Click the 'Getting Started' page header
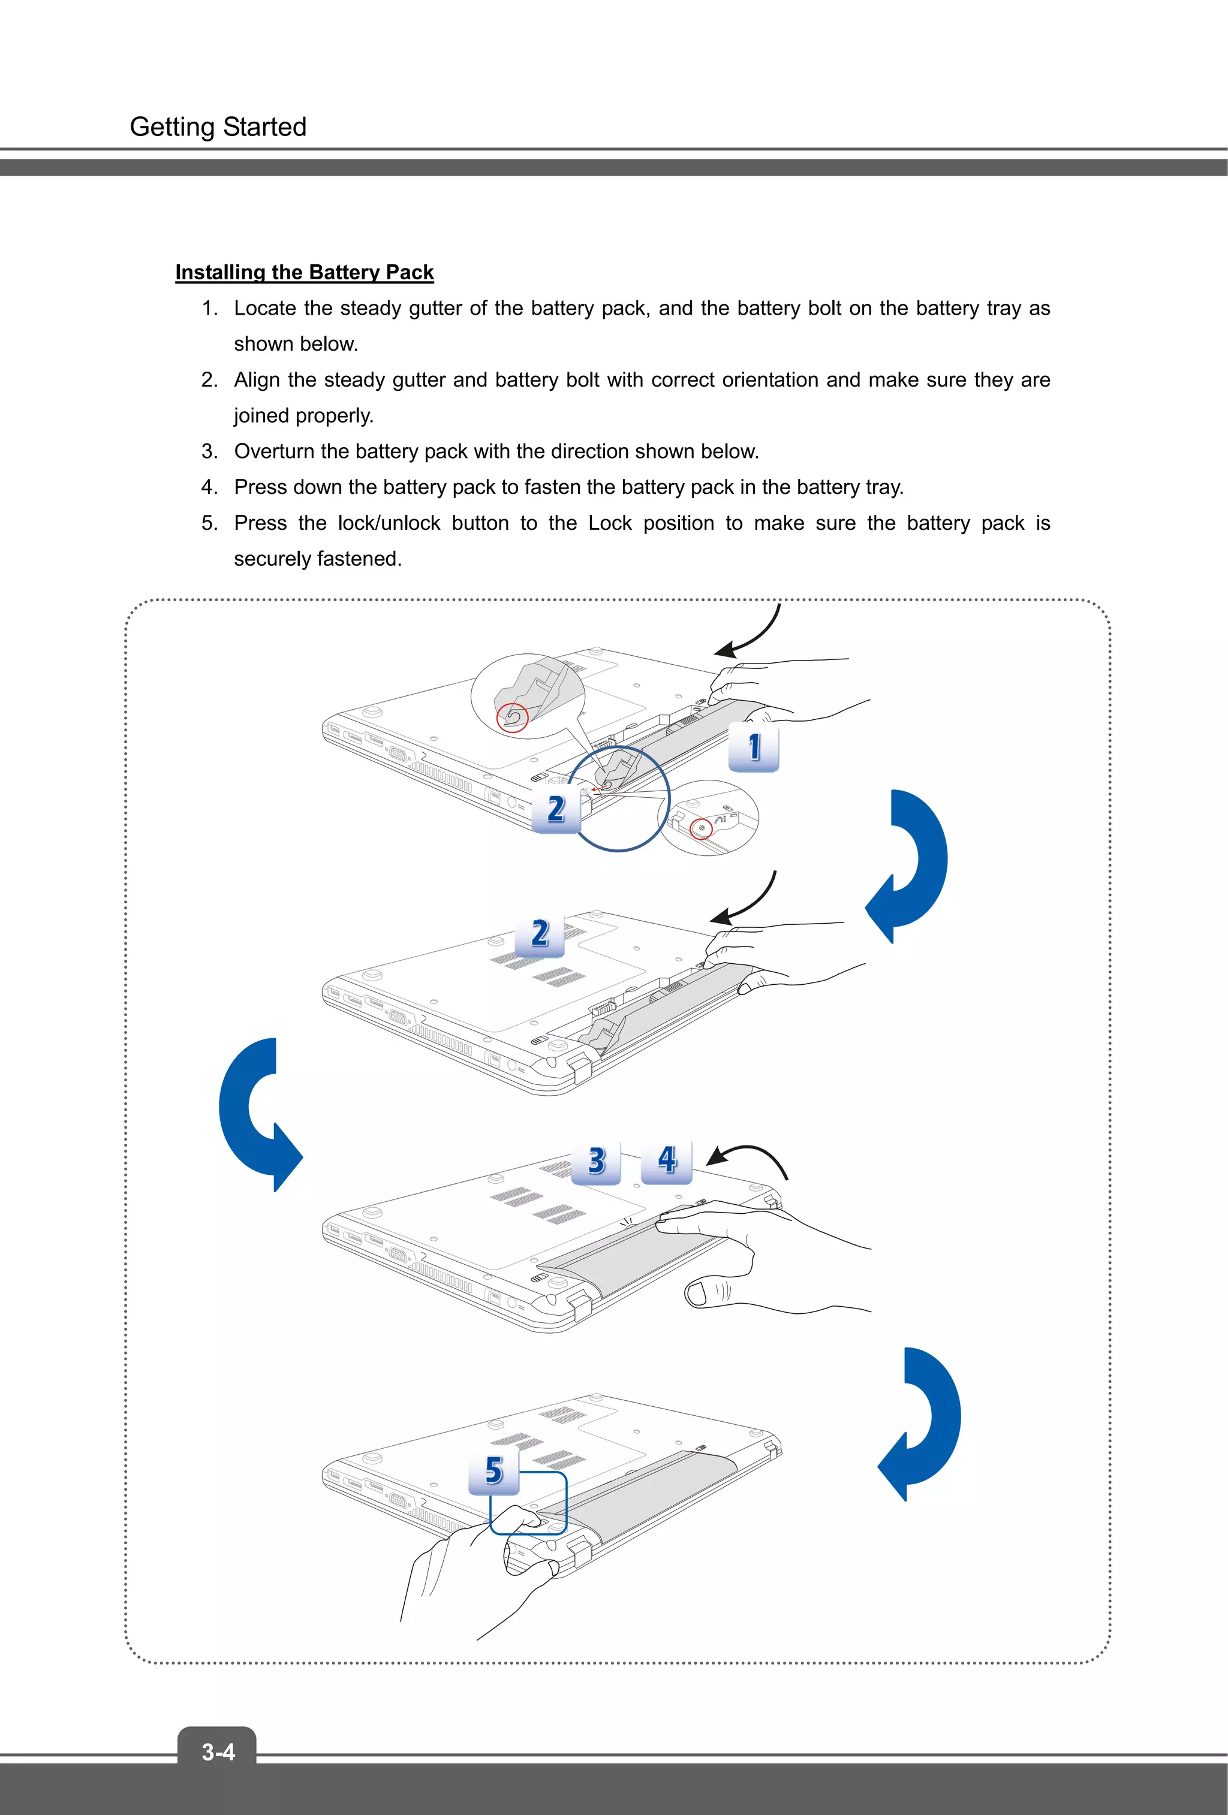click(x=218, y=126)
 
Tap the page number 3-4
click(x=218, y=1751)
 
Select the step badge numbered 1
click(x=753, y=747)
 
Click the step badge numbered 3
click(x=596, y=1160)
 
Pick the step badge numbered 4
click(x=666, y=1160)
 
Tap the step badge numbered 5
click(x=493, y=1470)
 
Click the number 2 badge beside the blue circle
click(x=555, y=809)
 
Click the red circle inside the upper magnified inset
click(x=513, y=717)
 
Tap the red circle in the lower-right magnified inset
click(x=702, y=828)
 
